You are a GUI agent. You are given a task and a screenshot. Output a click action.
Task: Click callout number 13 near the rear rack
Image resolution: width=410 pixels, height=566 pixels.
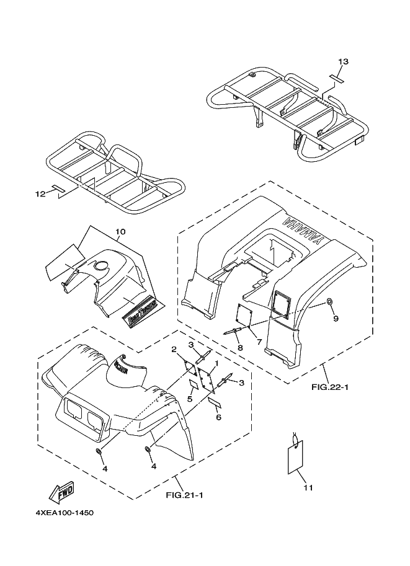pyautogui.click(x=343, y=61)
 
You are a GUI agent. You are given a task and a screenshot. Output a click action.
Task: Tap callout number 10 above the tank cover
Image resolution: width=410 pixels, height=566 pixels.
pyautogui.click(x=120, y=232)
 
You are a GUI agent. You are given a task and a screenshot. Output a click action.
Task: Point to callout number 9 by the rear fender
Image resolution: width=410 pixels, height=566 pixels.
pyautogui.click(x=336, y=319)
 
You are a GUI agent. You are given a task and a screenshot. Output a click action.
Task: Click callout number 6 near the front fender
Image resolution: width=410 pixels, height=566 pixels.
pyautogui.click(x=218, y=417)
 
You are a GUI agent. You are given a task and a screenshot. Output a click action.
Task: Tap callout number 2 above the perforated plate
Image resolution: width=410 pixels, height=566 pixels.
pyautogui.click(x=174, y=348)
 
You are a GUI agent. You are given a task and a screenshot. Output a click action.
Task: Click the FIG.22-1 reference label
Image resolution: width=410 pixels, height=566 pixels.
pyautogui.click(x=331, y=387)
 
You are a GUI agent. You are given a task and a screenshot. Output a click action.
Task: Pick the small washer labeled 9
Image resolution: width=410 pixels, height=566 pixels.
pyautogui.click(x=329, y=302)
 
